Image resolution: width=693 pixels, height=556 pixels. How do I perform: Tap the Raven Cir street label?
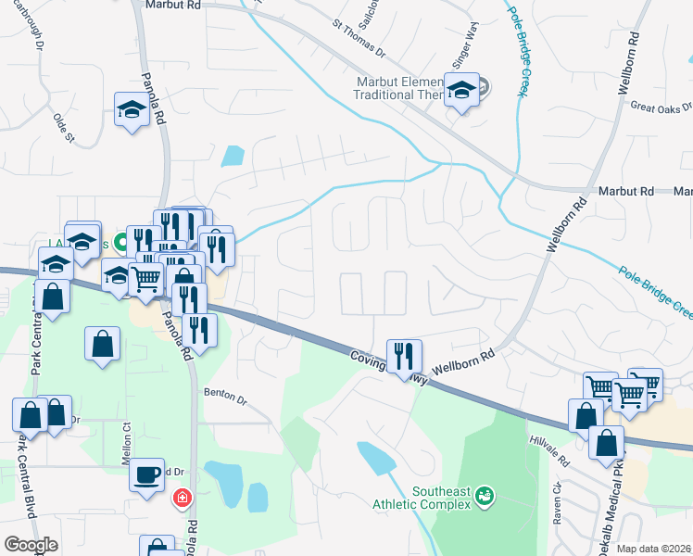coord(558,514)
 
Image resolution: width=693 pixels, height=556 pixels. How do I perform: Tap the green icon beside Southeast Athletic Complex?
coord(483,499)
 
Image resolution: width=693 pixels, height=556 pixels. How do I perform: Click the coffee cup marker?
coord(146,474)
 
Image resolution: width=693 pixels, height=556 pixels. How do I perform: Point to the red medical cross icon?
coord(183,498)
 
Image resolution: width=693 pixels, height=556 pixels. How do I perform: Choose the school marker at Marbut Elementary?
coord(460,90)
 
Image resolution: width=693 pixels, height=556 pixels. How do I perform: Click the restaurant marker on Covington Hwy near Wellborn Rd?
coord(404,356)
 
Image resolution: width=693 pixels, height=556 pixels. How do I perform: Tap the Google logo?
coord(31,545)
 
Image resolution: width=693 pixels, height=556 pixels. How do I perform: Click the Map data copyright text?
coord(653,549)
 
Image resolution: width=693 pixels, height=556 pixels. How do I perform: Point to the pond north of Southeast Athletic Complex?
coord(374,456)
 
